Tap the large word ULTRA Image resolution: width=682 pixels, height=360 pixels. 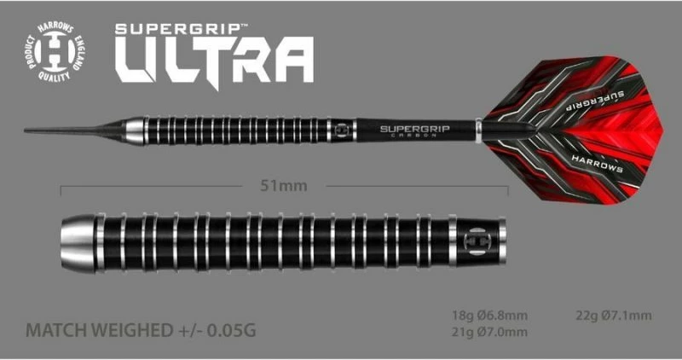click(x=214, y=65)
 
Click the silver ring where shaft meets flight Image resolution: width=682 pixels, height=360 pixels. click(x=479, y=131)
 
